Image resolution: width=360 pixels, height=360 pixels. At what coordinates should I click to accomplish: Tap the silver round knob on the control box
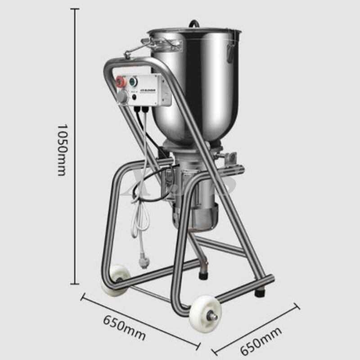coord(121,96)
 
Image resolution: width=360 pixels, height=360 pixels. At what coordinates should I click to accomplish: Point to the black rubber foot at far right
coord(260,292)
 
